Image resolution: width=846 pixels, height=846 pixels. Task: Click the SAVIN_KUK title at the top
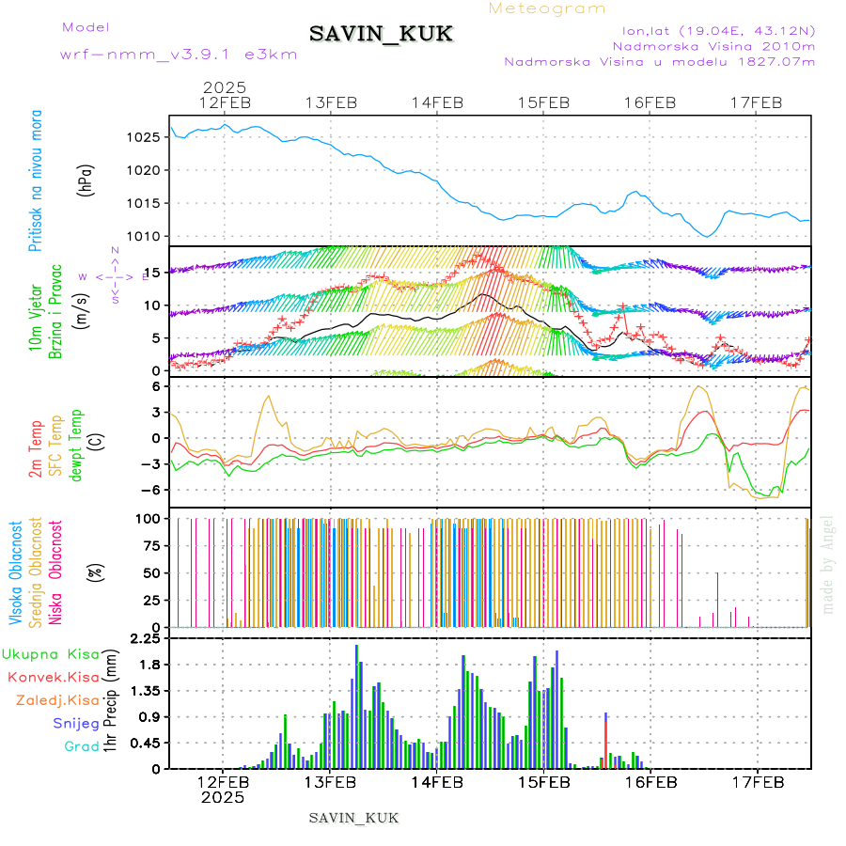click(382, 35)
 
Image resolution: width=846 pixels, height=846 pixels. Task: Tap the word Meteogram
click(548, 8)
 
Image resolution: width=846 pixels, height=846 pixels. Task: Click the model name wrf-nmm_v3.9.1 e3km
click(179, 55)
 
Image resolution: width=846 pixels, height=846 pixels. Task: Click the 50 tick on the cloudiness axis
click(150, 572)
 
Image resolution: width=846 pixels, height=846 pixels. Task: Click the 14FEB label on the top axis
click(436, 102)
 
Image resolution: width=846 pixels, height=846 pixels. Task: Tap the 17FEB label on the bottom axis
click(757, 781)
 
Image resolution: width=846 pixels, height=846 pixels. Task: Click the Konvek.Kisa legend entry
click(54, 677)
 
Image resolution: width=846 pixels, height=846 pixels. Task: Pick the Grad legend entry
click(81, 746)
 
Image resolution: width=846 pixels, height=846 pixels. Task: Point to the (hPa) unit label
click(86, 180)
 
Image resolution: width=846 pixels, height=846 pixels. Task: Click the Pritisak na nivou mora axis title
click(37, 180)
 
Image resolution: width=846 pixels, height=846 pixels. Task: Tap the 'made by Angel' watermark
click(828, 563)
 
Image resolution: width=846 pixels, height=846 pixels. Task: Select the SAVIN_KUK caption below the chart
click(354, 818)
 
